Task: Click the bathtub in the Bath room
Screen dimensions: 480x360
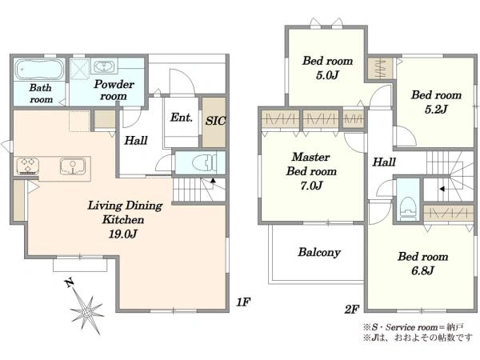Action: pyautogui.click(x=39, y=70)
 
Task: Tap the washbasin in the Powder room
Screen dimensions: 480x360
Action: pyautogui.click(x=104, y=66)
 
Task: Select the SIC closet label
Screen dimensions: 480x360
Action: pyautogui.click(x=215, y=121)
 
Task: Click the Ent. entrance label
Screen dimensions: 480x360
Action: pyautogui.click(x=182, y=118)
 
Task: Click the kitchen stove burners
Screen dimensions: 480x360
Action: pyautogui.click(x=28, y=166)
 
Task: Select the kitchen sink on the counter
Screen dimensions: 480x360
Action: pyautogui.click(x=73, y=166)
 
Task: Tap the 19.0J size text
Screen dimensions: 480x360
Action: pyautogui.click(x=122, y=234)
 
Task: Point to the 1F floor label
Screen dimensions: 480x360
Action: pyautogui.click(x=243, y=302)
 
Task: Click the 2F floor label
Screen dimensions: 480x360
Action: pyautogui.click(x=351, y=310)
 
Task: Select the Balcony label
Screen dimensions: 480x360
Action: pyautogui.click(x=319, y=252)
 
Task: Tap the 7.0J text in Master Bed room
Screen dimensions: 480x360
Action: pyautogui.click(x=311, y=186)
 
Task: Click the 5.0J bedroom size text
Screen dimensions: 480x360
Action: pyautogui.click(x=327, y=75)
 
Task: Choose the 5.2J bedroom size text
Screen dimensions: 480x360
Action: pyautogui.click(x=436, y=110)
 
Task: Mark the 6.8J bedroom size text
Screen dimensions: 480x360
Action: pyautogui.click(x=422, y=270)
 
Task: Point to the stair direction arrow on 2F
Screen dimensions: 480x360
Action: pyautogui.click(x=442, y=189)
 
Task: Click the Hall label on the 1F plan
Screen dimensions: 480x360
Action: pyautogui.click(x=136, y=141)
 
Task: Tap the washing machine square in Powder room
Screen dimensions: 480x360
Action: pyautogui.click(x=80, y=70)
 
